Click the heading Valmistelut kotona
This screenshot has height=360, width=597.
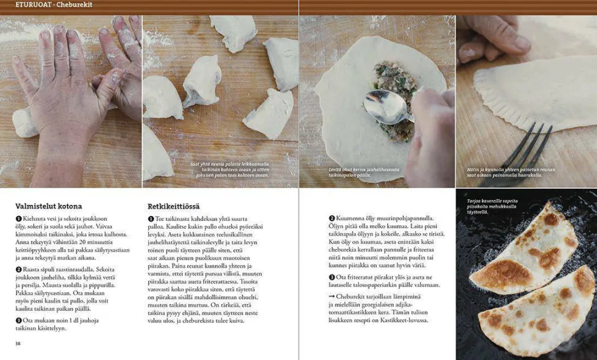[x=49, y=206]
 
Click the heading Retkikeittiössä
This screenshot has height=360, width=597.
[x=173, y=206]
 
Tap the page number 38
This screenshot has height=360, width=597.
[x=18, y=343]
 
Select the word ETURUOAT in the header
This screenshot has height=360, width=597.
[x=33, y=5]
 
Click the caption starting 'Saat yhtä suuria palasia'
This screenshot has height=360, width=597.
[x=230, y=170]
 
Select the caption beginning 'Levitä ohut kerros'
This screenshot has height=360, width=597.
[x=364, y=172]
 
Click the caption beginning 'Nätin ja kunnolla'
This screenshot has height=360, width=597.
[x=511, y=172]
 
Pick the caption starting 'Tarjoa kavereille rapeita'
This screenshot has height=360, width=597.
[x=492, y=207]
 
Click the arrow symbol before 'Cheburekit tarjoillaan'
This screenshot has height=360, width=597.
[x=332, y=297]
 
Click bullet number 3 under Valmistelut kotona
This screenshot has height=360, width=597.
[x=18, y=321]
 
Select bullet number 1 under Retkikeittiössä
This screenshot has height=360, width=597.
[x=150, y=219]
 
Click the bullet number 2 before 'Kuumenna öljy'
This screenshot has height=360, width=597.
[x=332, y=218]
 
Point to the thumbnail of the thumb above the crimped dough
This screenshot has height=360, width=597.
[x=521, y=42]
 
